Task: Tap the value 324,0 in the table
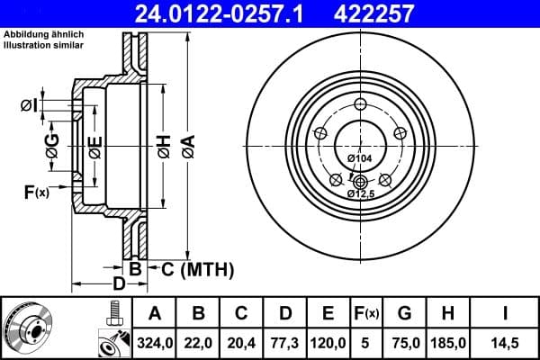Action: (154, 342)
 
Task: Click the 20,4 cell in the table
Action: (242, 342)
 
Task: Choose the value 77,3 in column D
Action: (285, 342)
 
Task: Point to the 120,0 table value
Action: (328, 342)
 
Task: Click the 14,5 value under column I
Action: (505, 342)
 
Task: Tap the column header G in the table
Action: (405, 313)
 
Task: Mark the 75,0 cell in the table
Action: (405, 342)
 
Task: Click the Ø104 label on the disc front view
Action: (360, 158)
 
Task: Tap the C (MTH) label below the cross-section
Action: (193, 268)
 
